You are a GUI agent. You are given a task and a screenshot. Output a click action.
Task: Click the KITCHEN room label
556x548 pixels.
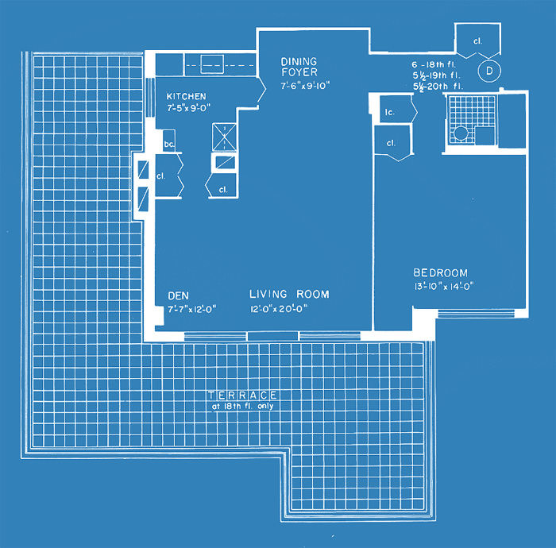[x=186, y=96]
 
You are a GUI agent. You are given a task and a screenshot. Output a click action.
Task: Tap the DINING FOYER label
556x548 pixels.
[x=299, y=67]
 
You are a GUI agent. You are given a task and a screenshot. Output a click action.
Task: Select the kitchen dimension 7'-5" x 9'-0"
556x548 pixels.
[x=189, y=107]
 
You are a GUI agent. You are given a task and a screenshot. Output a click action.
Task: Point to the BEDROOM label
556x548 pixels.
[x=440, y=272]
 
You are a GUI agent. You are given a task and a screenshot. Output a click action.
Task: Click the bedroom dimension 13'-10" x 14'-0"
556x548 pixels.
[x=444, y=286]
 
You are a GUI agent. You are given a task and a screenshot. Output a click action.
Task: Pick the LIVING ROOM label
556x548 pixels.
[x=289, y=294]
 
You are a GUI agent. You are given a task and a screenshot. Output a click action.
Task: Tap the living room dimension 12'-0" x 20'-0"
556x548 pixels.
[x=279, y=309]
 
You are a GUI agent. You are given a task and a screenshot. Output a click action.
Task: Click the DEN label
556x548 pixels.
[x=179, y=295]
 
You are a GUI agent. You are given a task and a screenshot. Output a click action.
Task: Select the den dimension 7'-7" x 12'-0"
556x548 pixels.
[x=192, y=309]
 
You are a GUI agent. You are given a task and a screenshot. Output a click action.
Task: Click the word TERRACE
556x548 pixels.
[x=242, y=396]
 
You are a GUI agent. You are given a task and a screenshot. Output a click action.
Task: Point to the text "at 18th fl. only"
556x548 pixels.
[x=242, y=406]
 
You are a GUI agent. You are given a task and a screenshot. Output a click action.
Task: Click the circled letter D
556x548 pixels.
[x=489, y=71]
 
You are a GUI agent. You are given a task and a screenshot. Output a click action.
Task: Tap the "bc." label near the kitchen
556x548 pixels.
[x=169, y=145]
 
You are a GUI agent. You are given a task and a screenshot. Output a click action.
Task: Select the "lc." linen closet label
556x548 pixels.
[x=390, y=112]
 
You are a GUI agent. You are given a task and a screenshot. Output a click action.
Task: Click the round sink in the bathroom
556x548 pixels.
[x=461, y=133]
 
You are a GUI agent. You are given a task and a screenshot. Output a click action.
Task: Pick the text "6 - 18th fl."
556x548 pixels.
[x=434, y=64]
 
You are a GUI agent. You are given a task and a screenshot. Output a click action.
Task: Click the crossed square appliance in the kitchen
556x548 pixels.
[x=225, y=137]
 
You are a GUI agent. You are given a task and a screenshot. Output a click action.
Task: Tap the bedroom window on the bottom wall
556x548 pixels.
[x=477, y=314]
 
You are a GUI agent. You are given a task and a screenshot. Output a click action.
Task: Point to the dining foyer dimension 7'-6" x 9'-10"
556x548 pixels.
[x=305, y=86]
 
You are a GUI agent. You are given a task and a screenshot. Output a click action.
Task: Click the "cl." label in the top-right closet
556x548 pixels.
[x=477, y=41]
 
